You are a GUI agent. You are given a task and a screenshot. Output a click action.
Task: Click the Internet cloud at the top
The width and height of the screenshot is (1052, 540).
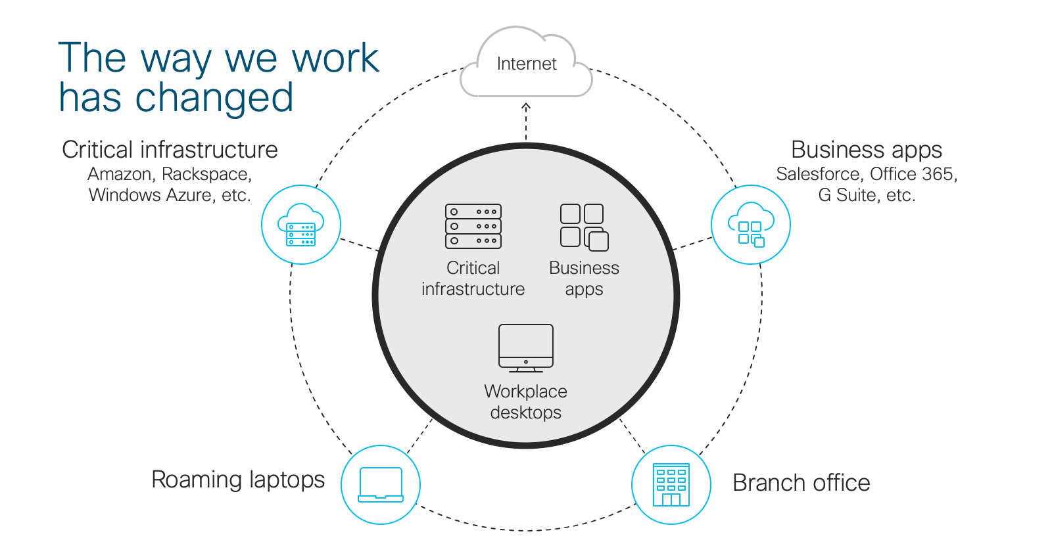click(x=526, y=64)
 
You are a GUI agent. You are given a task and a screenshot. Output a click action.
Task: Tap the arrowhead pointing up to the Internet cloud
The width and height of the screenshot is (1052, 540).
click(x=526, y=106)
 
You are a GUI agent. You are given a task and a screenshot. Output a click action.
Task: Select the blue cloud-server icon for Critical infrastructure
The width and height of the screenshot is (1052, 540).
click(x=301, y=225)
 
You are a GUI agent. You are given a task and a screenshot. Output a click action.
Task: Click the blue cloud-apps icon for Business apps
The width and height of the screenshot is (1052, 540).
click(x=751, y=225)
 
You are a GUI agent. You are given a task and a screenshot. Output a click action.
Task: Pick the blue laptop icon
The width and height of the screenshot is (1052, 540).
click(x=381, y=485)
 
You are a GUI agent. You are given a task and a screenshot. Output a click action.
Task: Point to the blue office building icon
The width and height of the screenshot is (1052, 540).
click(x=671, y=485)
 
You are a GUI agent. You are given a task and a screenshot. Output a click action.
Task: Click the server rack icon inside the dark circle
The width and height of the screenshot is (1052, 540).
click(x=473, y=226)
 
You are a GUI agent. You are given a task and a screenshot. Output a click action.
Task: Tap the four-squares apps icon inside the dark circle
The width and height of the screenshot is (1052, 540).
click(x=584, y=227)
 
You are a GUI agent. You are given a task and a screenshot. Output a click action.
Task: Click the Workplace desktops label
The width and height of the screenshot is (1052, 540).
click(x=526, y=401)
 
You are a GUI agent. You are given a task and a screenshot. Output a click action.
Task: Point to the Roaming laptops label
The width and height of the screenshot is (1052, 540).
click(x=238, y=480)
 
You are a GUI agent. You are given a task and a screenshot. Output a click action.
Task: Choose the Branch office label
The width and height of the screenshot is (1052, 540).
click(x=801, y=483)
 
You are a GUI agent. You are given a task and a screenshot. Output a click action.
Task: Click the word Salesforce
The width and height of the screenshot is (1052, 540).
click(x=818, y=174)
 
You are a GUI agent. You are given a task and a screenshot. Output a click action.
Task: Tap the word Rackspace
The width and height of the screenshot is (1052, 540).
click(x=206, y=174)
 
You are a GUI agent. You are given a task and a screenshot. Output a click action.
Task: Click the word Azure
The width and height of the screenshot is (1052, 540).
click(x=189, y=195)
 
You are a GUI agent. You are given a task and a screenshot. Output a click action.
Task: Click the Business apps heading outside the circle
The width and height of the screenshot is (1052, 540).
click(x=867, y=150)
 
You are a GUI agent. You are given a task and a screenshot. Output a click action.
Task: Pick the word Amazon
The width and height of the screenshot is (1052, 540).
click(x=120, y=174)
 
